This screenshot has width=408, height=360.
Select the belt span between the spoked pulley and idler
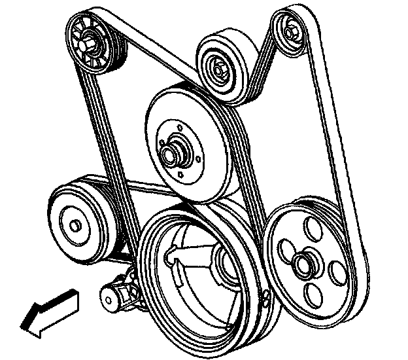pos(157,46)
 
